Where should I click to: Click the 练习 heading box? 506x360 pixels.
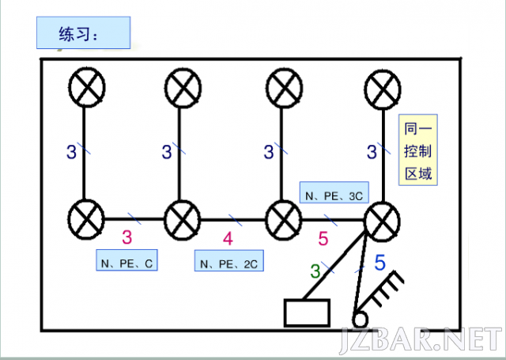point(83,32)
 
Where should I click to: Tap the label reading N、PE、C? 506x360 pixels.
point(126,260)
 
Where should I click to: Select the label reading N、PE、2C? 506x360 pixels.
point(228,260)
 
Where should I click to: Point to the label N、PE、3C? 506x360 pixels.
point(334,192)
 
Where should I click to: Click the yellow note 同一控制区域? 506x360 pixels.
point(418,150)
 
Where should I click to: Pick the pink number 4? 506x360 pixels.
point(228,239)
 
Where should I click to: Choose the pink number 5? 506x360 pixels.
point(323,239)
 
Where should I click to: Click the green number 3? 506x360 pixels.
point(315,271)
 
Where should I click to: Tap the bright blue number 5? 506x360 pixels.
point(379,262)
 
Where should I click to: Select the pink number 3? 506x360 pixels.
point(126,237)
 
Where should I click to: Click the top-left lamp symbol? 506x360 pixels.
point(87,87)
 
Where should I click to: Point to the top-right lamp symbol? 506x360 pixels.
point(383,89)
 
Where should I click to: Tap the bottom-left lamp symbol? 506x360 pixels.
point(86,219)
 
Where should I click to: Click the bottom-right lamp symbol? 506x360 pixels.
point(382,222)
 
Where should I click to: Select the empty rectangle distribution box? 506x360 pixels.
point(307,313)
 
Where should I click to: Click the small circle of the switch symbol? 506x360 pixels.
point(360,320)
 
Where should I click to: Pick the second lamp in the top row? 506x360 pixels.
point(183,88)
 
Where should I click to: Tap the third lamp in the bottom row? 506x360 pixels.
point(283,220)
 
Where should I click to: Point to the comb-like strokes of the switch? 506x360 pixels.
point(384,290)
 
